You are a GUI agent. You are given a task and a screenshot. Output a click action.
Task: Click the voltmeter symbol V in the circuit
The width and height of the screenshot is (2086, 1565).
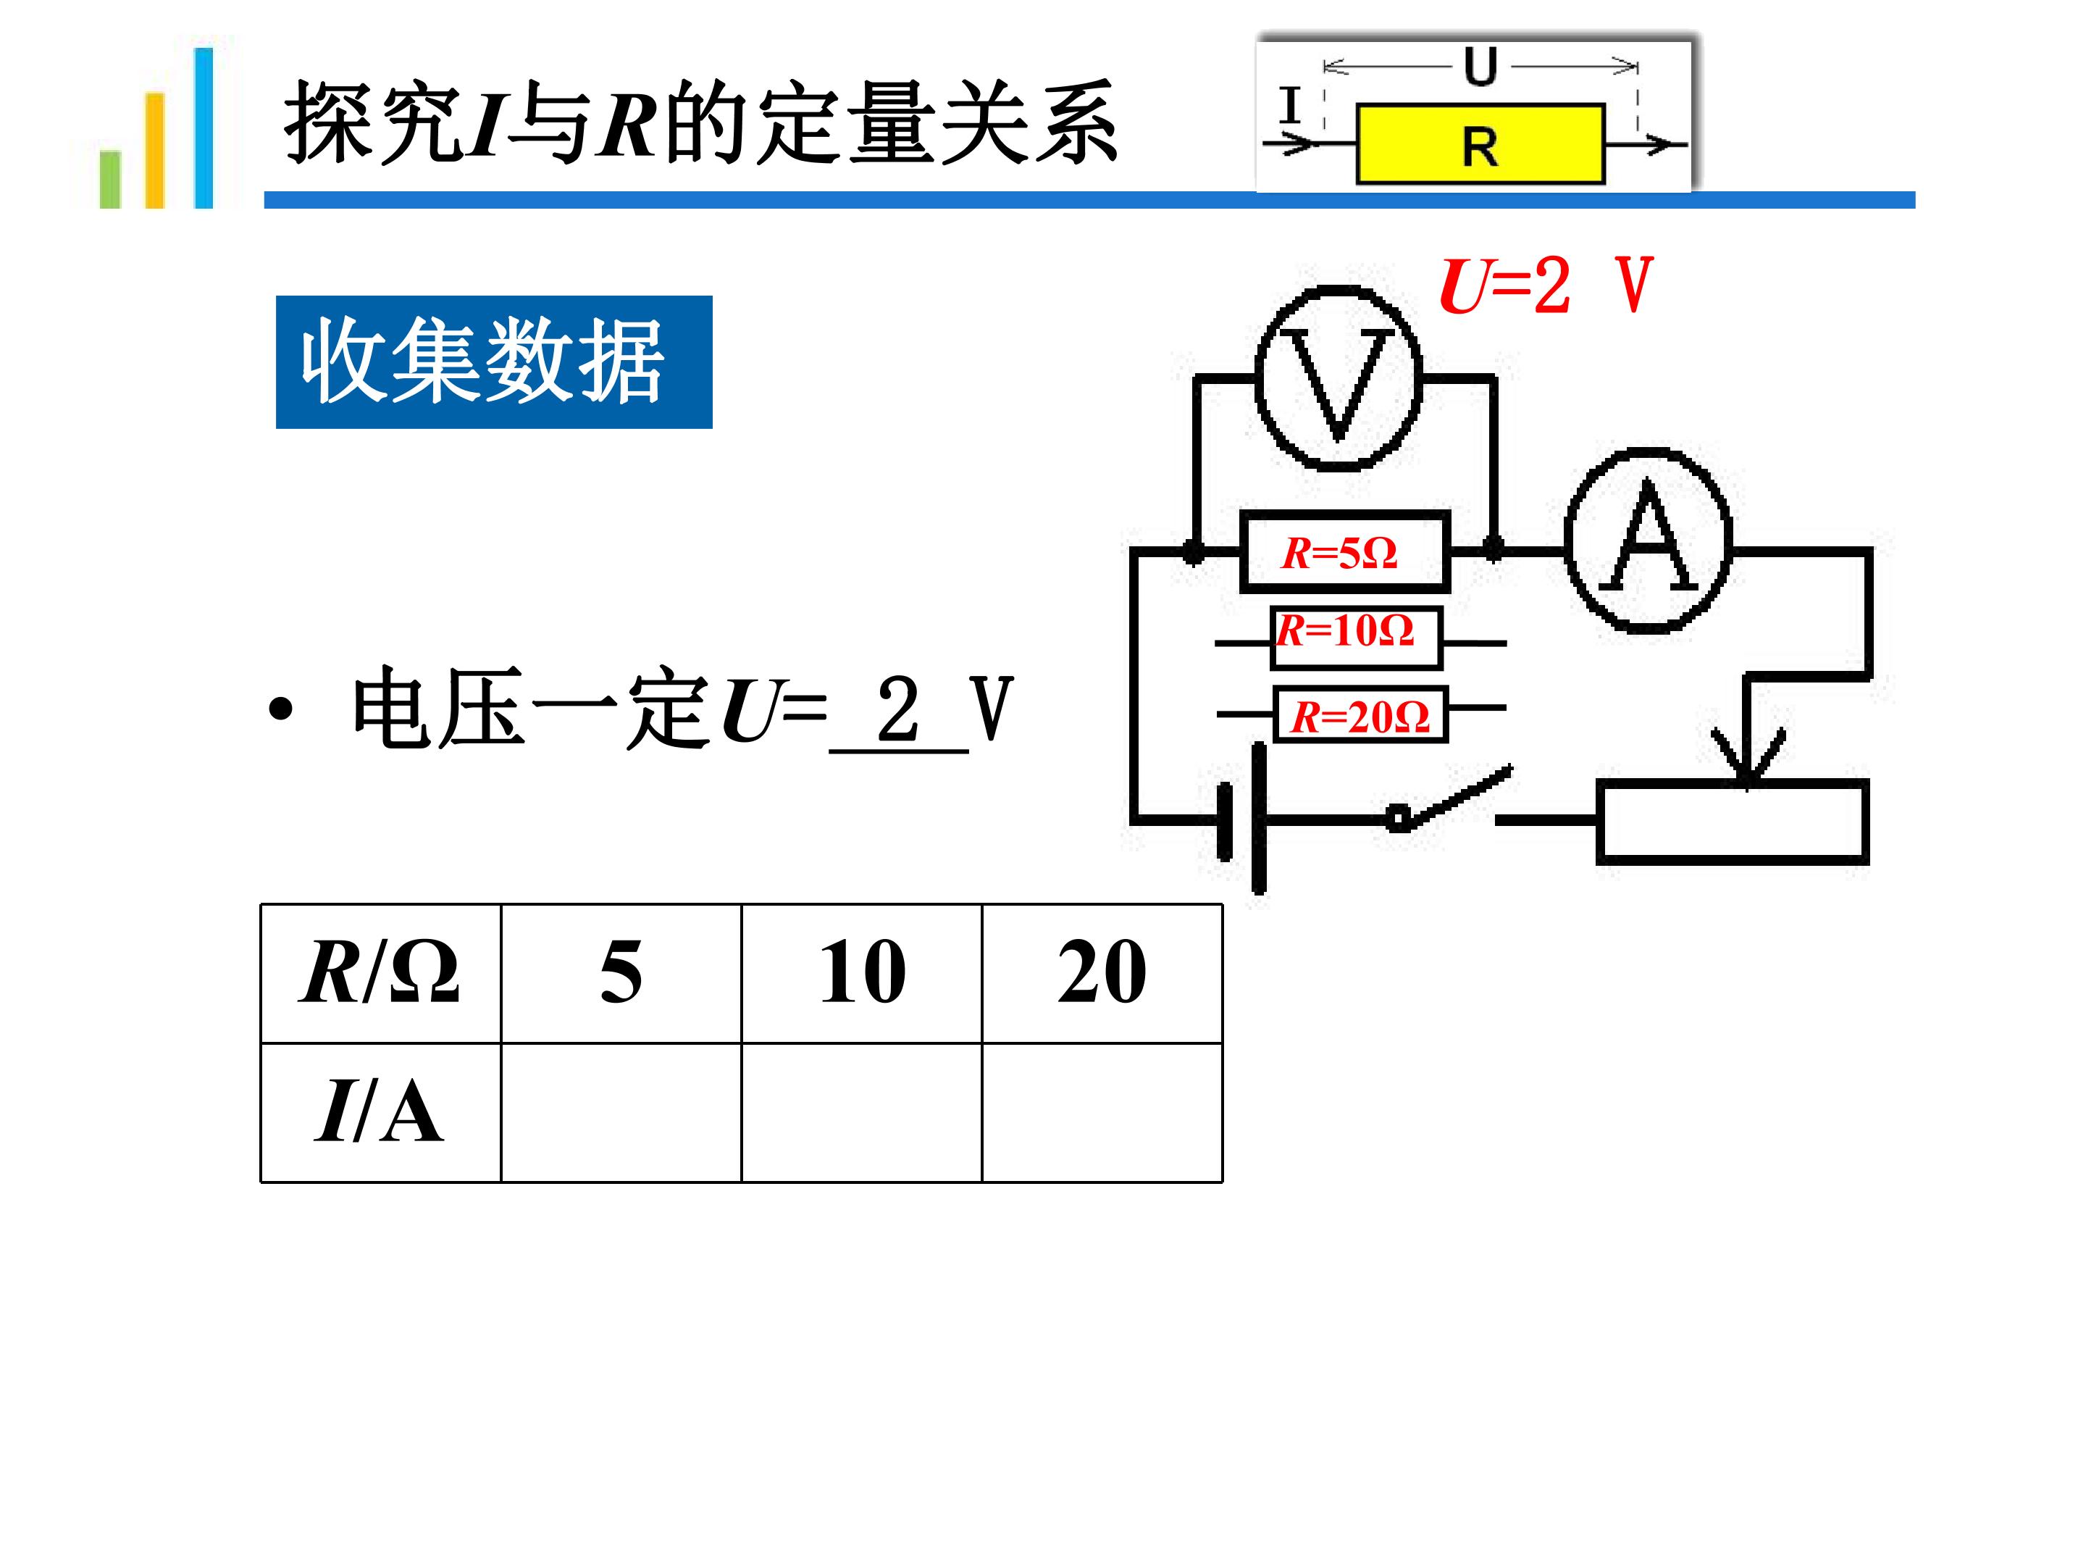(x=1339, y=378)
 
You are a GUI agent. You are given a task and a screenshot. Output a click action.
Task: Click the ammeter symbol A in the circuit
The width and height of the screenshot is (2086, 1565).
(x=1649, y=540)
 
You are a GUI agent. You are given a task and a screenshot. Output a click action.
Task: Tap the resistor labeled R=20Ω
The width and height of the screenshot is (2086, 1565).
(x=1360, y=715)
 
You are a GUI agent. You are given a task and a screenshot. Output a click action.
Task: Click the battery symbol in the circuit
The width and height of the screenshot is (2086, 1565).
(x=1242, y=819)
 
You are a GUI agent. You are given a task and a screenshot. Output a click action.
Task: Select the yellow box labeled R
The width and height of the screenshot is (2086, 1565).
(x=1480, y=143)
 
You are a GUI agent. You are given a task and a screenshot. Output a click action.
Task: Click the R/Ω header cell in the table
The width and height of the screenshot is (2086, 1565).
(x=381, y=974)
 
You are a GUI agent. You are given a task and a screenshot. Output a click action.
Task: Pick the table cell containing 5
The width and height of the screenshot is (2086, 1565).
(x=621, y=974)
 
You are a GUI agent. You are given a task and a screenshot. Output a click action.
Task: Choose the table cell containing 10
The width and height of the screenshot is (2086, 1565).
(x=862, y=974)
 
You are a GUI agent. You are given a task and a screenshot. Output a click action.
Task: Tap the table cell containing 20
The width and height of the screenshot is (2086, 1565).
(x=1102, y=974)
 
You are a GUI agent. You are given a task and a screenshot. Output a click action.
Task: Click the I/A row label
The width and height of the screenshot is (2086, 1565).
(x=381, y=1112)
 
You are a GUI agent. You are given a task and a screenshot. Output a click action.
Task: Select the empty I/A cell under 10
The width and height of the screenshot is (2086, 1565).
(x=862, y=1112)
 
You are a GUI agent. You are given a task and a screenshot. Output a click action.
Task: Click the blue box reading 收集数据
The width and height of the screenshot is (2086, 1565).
(x=494, y=362)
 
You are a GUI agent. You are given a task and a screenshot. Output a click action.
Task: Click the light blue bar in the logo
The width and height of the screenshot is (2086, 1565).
(x=204, y=128)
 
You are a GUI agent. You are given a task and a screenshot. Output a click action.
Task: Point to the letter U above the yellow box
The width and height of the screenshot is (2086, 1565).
(x=1480, y=66)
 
